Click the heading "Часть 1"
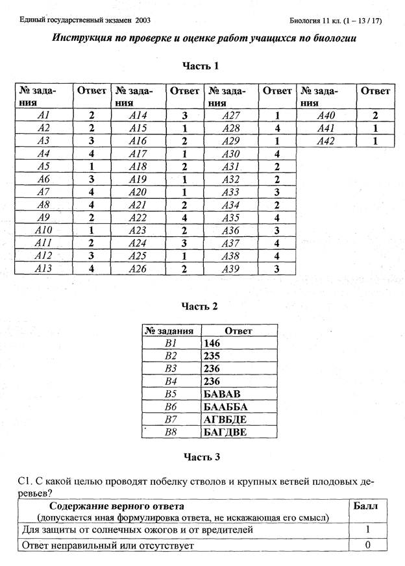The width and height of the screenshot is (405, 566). (202, 66)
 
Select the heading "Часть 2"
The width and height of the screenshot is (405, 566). (202, 304)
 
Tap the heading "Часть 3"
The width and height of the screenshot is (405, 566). (202, 457)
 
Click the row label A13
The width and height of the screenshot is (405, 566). (43, 268)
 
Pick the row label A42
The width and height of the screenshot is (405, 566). (326, 141)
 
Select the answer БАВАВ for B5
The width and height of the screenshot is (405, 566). (221, 393)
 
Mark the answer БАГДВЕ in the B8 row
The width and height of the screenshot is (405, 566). (225, 431)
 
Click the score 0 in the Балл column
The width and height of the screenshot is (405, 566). (367, 545)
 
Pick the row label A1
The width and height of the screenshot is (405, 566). (43, 116)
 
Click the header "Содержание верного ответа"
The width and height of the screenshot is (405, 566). (116, 505)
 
